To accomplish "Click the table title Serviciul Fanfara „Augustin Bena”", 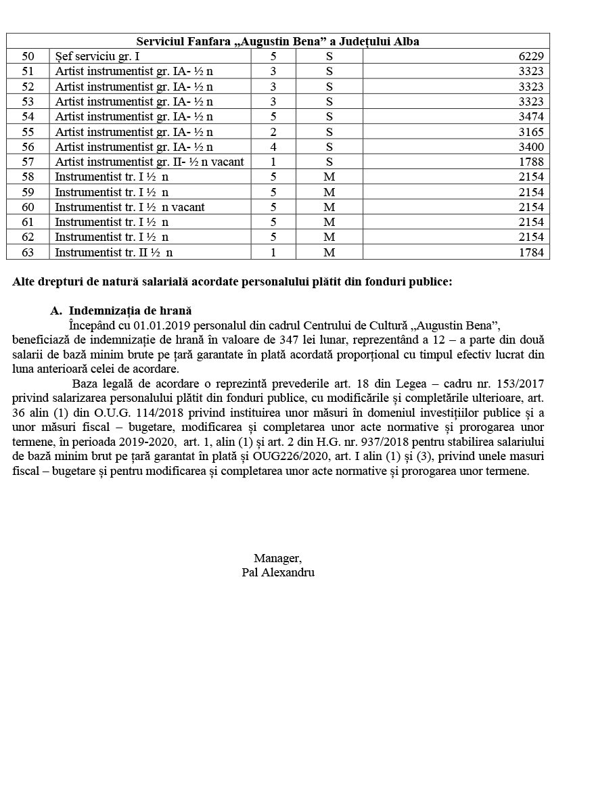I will (277, 41).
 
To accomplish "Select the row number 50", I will (28, 57).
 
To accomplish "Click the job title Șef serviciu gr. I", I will (97, 57).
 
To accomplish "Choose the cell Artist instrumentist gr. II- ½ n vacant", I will (149, 162).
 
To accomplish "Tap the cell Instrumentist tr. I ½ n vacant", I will (129, 207).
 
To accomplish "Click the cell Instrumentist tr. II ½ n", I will (113, 252).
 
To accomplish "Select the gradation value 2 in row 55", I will (273, 132).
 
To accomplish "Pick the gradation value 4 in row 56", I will (273, 147).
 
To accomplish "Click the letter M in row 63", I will (329, 252).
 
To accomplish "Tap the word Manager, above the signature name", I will (277, 558).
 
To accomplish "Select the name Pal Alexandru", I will (277, 572).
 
